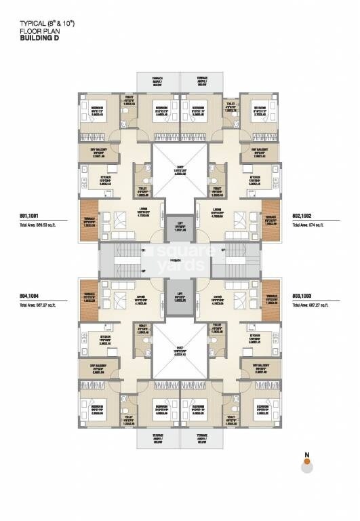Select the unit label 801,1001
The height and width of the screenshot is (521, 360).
(30, 215)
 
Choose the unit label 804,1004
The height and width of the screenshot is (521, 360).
(30, 296)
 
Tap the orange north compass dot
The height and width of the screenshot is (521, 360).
(307, 462)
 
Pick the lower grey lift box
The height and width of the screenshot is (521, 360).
(180, 296)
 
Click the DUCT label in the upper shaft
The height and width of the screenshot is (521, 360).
(180, 170)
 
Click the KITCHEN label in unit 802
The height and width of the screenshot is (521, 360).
(256, 178)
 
